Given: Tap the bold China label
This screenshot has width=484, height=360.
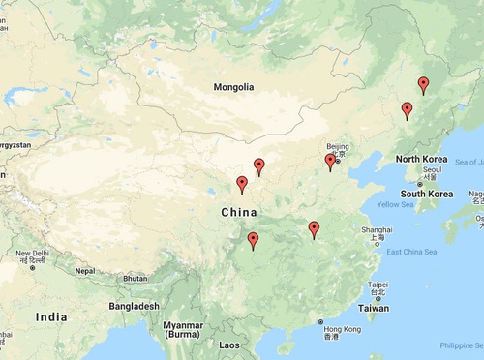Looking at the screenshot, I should (239, 212).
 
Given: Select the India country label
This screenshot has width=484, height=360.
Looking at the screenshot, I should (51, 316).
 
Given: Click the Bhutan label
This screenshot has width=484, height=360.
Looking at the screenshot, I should (135, 278).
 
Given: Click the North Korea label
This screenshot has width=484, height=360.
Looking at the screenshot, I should (421, 158).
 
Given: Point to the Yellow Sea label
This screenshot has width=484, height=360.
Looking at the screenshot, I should (395, 205).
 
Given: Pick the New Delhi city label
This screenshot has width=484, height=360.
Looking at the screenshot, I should (31, 254).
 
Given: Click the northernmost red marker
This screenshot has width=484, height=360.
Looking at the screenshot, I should (423, 85).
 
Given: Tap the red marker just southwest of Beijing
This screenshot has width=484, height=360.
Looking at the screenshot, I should (330, 162).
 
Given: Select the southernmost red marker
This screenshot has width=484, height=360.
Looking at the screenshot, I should (253, 241).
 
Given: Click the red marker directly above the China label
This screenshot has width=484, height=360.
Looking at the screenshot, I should (241, 184).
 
